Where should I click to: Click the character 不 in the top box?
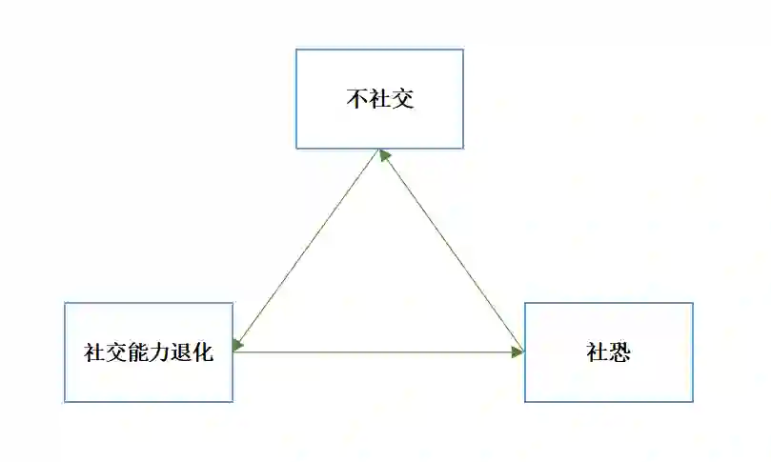pos(356,99)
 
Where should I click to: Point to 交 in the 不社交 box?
pos(403,99)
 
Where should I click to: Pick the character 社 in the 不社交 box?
pos(379,99)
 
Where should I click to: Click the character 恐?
pos(620,352)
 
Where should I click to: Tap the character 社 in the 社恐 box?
pos(598,352)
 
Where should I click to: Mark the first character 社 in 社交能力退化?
pos(94,352)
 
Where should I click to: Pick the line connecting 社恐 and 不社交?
pos(453,251)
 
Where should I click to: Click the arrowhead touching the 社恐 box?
pos(518,352)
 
